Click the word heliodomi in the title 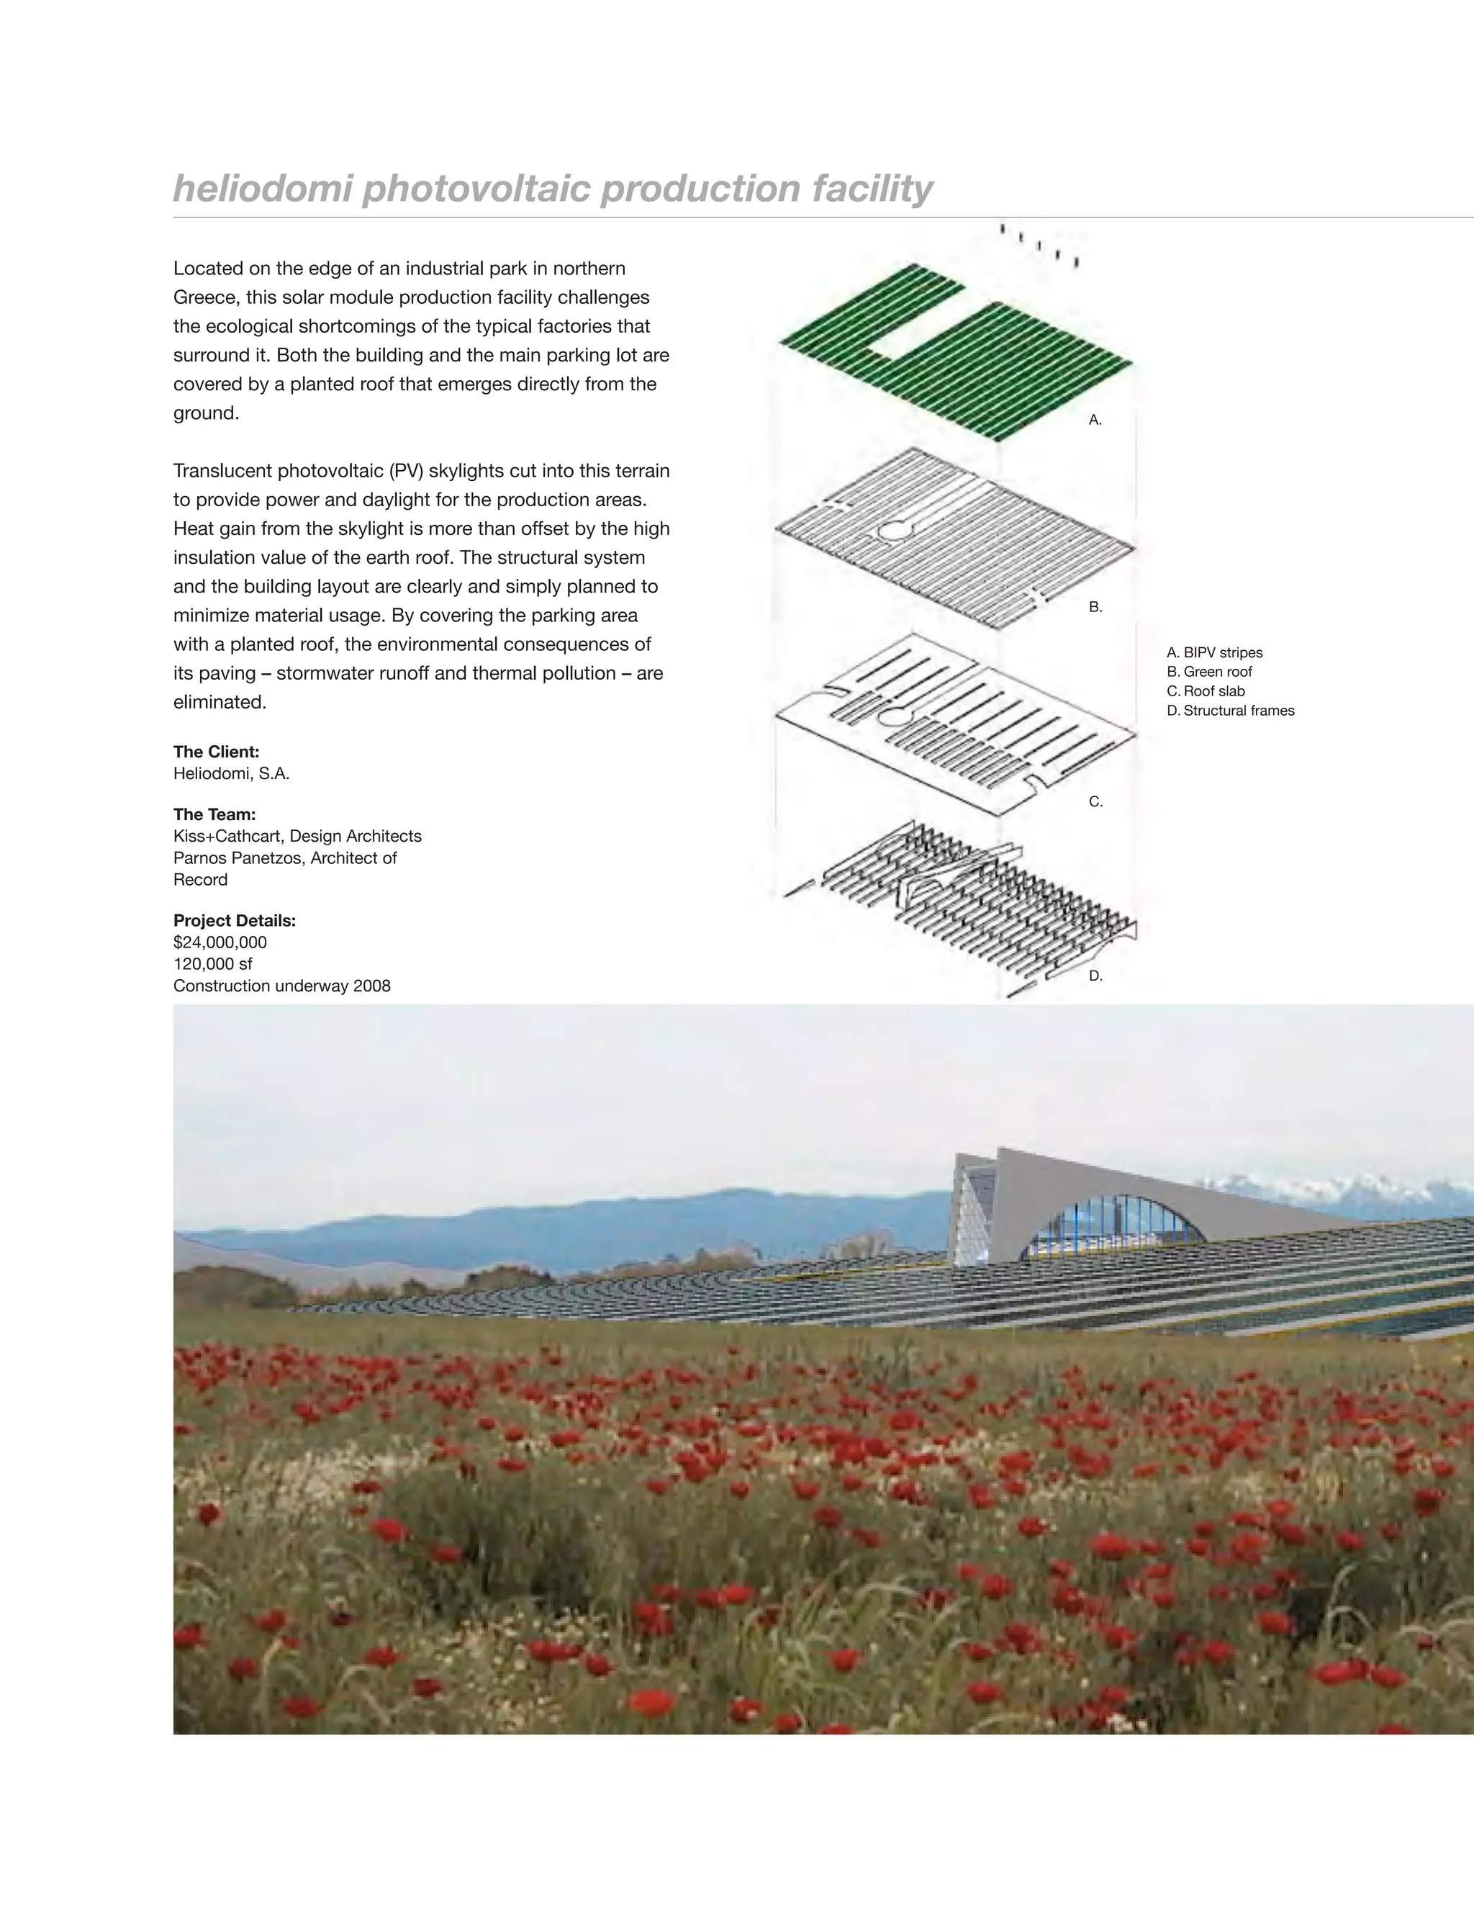point(263,189)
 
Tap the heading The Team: point(214,814)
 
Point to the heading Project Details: point(234,920)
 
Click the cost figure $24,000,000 point(220,942)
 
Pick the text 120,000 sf point(212,963)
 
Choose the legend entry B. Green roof point(1208,672)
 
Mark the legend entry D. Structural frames point(1230,710)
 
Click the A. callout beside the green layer point(1095,420)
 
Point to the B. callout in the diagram point(1095,607)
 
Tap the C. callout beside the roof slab point(1095,802)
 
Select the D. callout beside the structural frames point(1095,977)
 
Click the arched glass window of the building point(1113,1228)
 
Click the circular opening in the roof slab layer point(891,717)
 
